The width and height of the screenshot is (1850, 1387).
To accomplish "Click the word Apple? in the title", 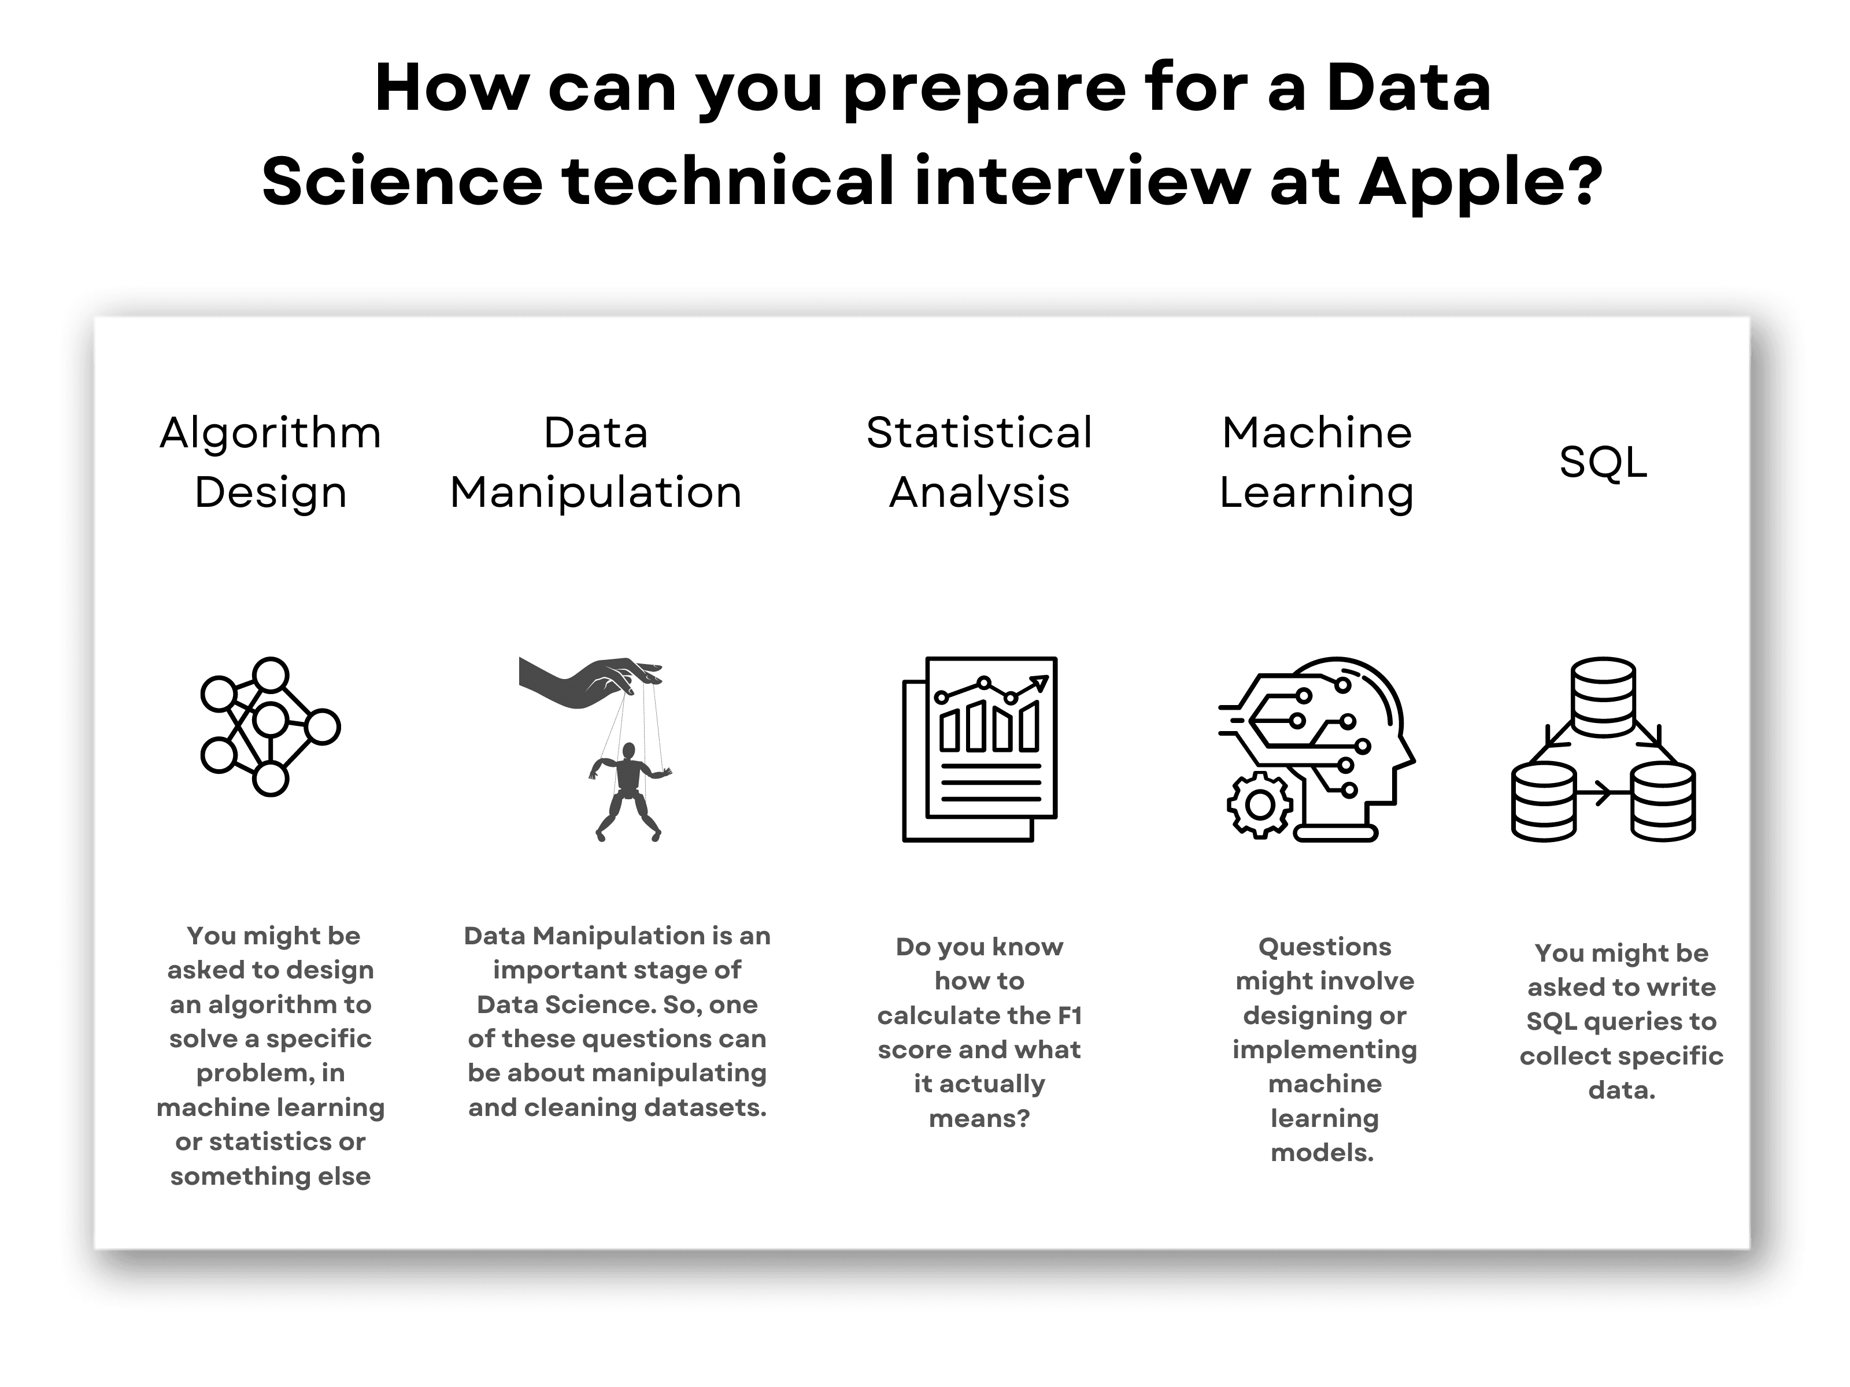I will coord(1481,181).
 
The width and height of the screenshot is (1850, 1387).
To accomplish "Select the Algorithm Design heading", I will coord(270,462).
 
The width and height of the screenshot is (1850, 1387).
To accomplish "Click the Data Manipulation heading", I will coord(595,462).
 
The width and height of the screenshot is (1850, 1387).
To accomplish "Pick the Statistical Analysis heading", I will coord(979,462).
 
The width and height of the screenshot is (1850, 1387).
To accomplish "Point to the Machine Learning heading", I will coord(1316,462).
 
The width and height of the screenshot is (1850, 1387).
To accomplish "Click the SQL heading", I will coord(1603,462).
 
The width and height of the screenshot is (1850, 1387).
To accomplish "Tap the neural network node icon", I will coord(270,726).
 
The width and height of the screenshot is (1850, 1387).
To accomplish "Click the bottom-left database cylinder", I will coord(1543,801).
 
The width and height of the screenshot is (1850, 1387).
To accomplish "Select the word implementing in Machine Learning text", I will coord(1324,1049).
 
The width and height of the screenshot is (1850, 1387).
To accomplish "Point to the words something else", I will coord(270,1175).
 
